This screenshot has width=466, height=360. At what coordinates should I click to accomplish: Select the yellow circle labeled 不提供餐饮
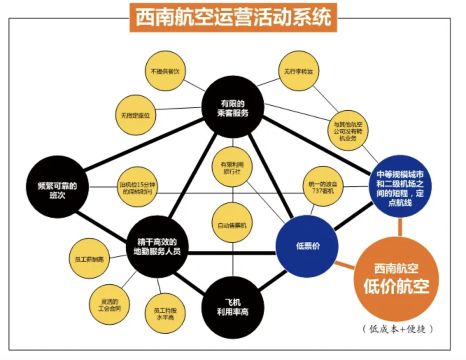(165, 72)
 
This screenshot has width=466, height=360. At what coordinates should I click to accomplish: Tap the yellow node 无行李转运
(298, 72)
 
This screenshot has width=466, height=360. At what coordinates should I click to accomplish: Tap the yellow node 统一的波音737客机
(323, 186)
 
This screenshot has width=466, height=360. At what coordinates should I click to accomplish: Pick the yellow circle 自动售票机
(233, 224)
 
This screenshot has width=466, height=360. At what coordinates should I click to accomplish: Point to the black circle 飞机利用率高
(233, 307)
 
